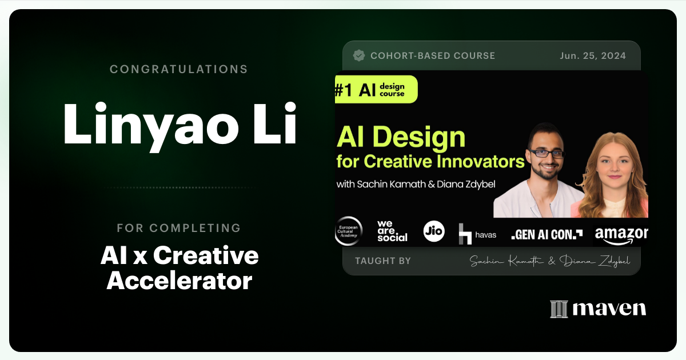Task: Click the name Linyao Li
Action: [x=179, y=123]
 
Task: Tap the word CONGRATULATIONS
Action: [x=179, y=69]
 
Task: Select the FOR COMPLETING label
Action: [x=179, y=228]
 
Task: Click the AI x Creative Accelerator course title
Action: [x=179, y=268]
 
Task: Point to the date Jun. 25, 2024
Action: [x=593, y=55]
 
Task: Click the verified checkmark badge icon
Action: [x=359, y=55]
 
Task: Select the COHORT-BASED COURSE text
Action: [x=432, y=55]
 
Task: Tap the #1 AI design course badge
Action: [x=376, y=89]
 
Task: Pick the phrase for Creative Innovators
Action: [x=430, y=162]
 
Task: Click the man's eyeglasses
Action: [x=546, y=153]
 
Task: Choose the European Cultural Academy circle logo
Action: [x=348, y=231]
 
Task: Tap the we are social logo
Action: [x=392, y=231]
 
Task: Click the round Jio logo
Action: [x=434, y=231]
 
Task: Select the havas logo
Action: [x=477, y=233]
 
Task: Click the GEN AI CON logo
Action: [x=547, y=234]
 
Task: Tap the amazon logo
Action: [x=621, y=234]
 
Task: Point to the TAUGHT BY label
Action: [x=383, y=261]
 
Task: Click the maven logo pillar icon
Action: [x=559, y=309]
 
